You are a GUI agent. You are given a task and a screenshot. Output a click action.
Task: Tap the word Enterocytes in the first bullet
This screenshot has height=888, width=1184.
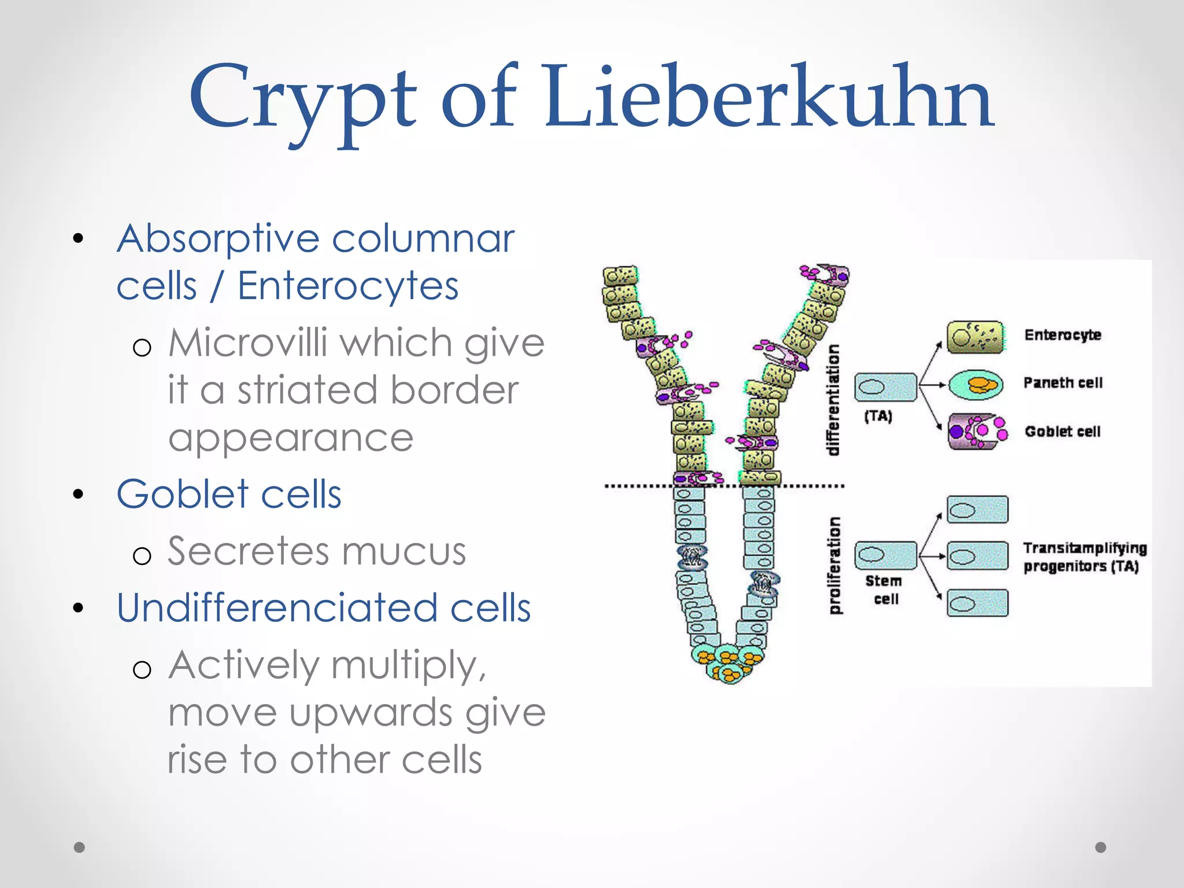(x=347, y=286)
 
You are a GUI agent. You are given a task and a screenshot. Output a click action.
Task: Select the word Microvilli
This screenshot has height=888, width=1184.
(x=248, y=342)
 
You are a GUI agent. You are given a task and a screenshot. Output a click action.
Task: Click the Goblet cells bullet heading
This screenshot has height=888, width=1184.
(x=228, y=494)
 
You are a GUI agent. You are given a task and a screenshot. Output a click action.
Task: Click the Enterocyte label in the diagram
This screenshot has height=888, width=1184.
(x=1062, y=335)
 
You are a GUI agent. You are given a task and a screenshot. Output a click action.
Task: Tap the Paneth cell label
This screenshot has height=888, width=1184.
(x=1062, y=382)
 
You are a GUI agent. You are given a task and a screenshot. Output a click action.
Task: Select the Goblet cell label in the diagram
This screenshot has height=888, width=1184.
(x=1062, y=432)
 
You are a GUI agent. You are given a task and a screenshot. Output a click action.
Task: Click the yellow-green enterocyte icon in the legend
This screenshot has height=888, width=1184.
(x=976, y=337)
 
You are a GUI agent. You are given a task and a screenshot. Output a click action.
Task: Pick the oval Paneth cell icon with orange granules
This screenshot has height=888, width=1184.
(x=976, y=385)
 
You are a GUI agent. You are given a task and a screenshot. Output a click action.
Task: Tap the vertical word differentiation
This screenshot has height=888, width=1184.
(x=833, y=400)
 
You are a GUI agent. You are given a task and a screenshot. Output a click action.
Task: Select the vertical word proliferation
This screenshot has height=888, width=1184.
(x=834, y=565)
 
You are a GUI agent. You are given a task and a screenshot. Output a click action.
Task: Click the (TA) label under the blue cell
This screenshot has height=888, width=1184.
(x=878, y=416)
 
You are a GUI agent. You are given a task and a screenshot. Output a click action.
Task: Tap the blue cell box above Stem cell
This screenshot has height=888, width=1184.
(x=885, y=555)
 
